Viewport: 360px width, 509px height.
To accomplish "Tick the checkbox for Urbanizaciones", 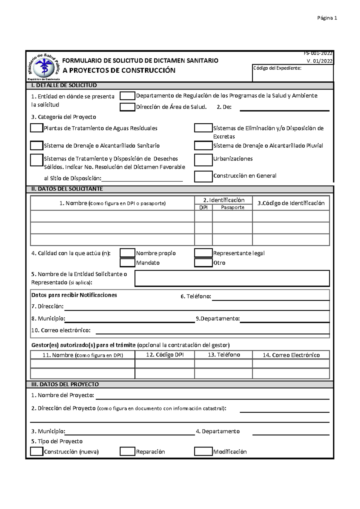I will pos(203,160).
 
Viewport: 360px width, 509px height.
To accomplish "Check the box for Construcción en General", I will pos(203,176).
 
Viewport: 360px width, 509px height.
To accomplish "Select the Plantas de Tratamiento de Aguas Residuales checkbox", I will pos(37,128).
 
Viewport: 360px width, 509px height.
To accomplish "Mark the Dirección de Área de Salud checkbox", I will pos(127,107).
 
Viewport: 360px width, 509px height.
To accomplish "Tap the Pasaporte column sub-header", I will pos(232,207).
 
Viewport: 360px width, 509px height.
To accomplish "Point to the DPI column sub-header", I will pos(203,207).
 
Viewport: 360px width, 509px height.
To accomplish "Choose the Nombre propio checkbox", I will pos(127,253).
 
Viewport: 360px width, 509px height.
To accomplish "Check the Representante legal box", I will pos(203,253).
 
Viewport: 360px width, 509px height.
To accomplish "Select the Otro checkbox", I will pos(203,263).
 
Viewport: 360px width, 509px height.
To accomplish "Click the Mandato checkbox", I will pos(127,263).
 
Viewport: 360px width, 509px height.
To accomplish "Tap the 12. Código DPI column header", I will pos(165,355).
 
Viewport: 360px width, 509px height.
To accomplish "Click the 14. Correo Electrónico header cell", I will pos(291,355).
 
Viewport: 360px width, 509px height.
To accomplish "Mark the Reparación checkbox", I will pos(127,451).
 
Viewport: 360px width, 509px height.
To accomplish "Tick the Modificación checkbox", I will pos(203,451).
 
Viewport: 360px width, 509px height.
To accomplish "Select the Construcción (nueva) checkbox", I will pos(37,451).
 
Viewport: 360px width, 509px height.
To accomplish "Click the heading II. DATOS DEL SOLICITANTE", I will pos(67,189).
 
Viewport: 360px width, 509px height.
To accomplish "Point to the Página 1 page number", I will pos(327,18).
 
